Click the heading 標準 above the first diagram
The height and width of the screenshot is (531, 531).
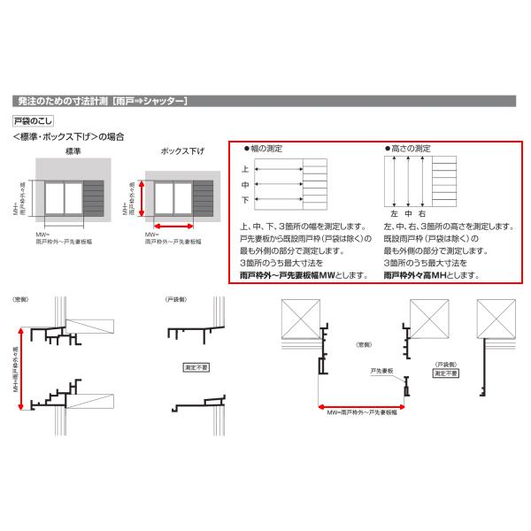click(73, 152)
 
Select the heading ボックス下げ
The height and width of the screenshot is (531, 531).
click(181, 152)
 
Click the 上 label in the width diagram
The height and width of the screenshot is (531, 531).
click(245, 168)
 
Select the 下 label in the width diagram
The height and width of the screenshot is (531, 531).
click(245, 201)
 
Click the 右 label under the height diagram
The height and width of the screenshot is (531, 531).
click(423, 215)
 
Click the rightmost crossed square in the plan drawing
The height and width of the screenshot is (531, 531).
click(497, 315)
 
